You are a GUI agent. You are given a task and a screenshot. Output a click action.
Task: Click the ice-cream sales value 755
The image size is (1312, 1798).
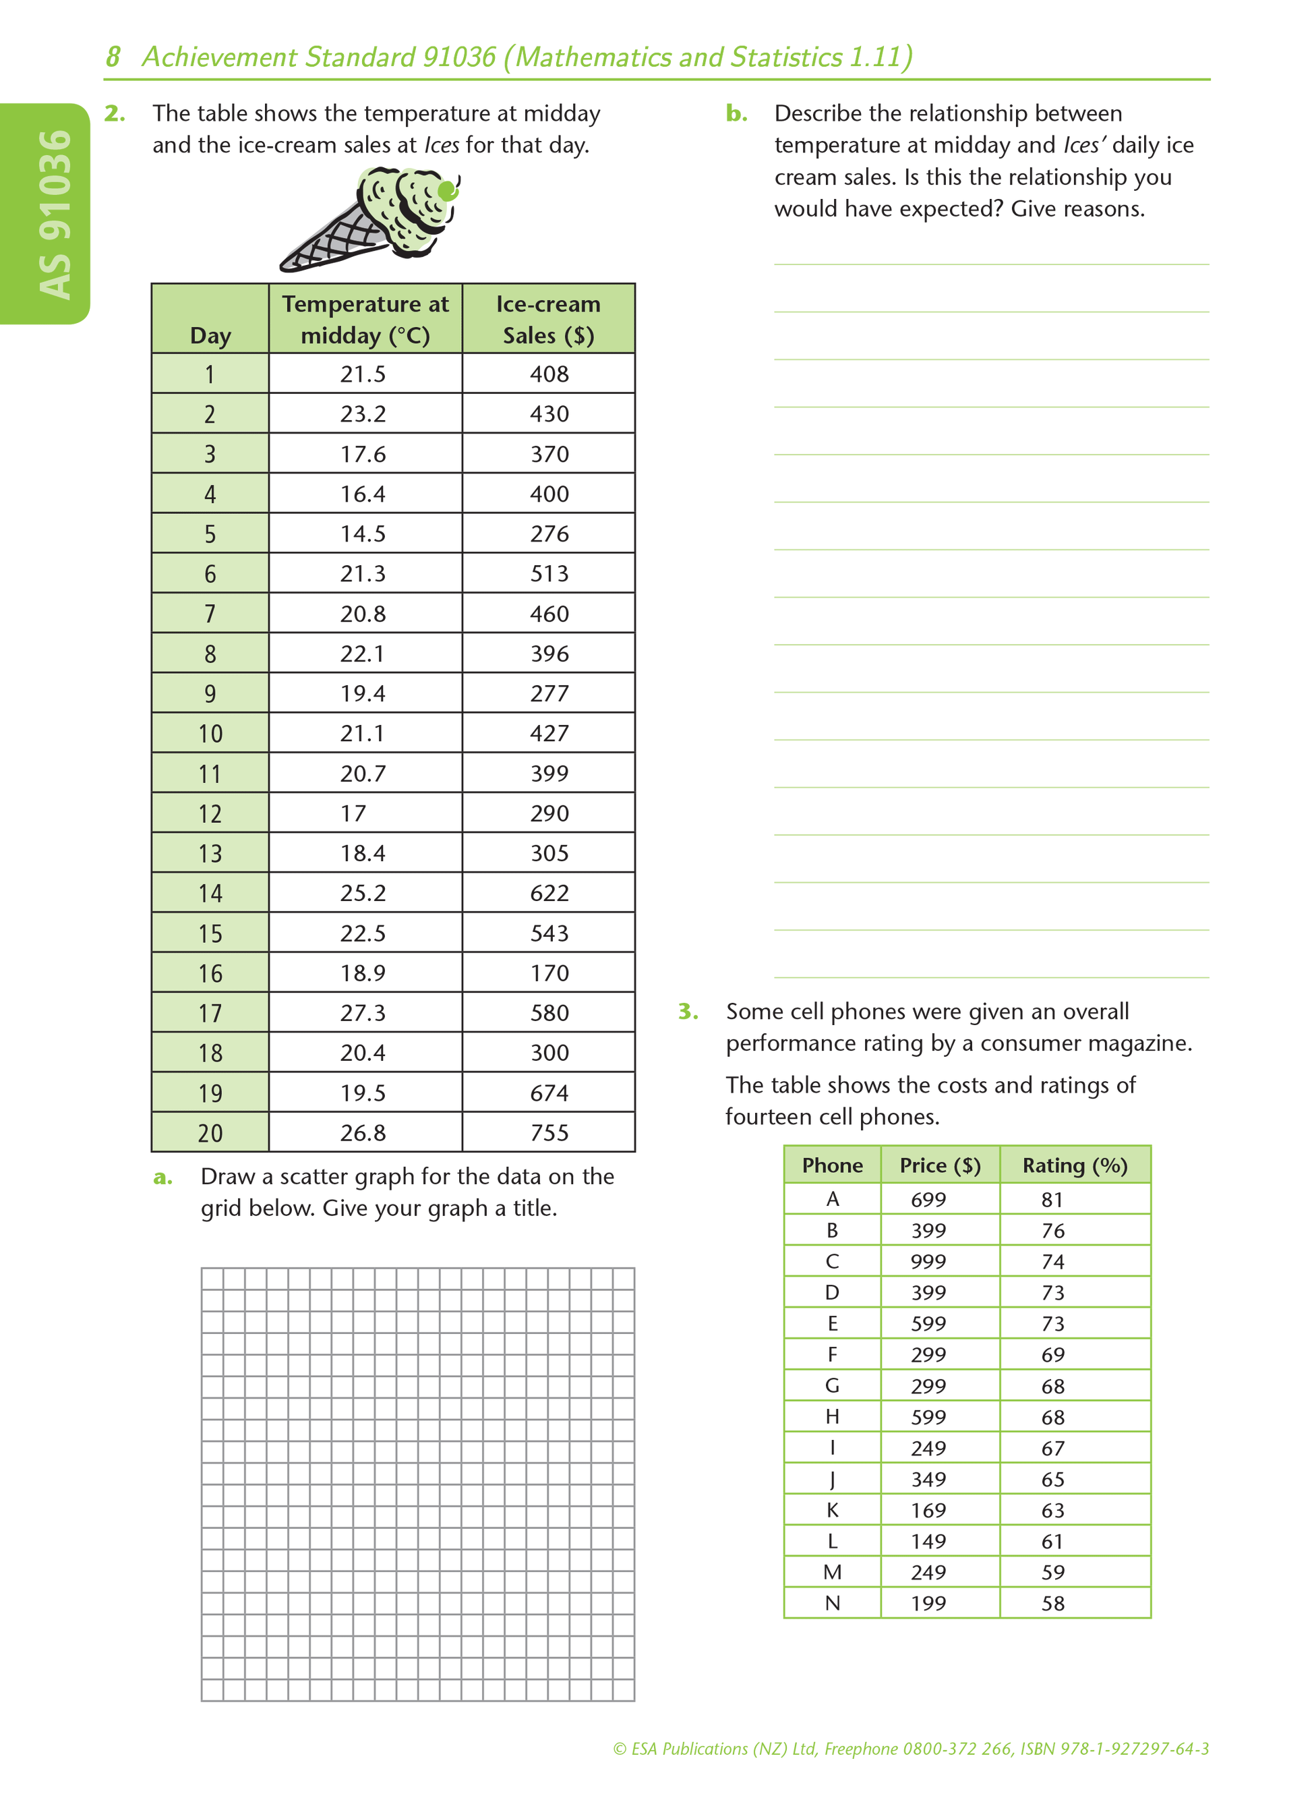[549, 1132]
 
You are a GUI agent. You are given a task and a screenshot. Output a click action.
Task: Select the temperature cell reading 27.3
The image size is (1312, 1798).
[363, 1012]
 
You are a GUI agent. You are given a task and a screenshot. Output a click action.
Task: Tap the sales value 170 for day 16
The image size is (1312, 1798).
[549, 973]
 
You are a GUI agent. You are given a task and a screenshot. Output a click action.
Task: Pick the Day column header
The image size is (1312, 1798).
[210, 335]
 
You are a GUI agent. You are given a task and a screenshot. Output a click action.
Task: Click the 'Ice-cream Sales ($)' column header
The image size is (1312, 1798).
[548, 320]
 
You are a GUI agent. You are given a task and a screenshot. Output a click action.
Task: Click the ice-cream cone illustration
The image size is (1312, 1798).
[369, 220]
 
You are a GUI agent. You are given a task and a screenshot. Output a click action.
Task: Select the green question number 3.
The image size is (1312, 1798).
[688, 1012]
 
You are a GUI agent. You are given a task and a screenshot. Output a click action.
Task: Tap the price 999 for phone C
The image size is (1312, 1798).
[928, 1261]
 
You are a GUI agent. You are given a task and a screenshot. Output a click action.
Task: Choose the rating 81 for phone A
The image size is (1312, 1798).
[1052, 1199]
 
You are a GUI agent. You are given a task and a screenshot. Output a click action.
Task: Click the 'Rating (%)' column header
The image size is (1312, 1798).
[1075, 1165]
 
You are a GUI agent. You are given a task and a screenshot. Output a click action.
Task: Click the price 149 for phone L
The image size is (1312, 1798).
[928, 1540]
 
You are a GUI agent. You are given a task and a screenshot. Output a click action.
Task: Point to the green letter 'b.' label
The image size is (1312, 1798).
[736, 113]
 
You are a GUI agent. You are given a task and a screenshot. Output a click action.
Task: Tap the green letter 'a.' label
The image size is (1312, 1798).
[162, 1177]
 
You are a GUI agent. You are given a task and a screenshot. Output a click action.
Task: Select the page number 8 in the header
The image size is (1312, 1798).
[113, 57]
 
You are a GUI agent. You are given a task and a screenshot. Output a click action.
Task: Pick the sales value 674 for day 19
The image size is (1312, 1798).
[549, 1093]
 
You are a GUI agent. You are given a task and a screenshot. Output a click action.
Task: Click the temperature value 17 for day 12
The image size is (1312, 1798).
[353, 813]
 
